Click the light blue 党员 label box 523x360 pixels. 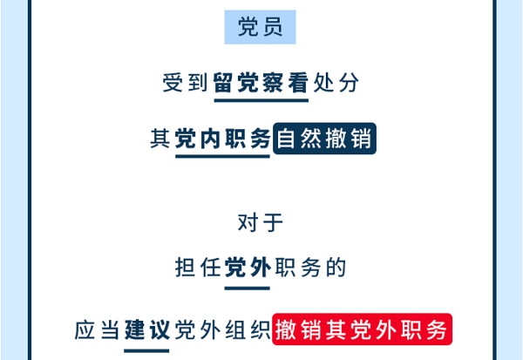click(260, 27)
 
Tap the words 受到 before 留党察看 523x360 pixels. click(185, 83)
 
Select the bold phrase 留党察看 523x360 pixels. click(261, 83)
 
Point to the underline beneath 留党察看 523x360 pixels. click(261, 100)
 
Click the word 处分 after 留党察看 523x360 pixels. click(336, 83)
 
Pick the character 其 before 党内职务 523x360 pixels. click(160, 139)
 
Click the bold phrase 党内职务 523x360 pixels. click(222, 139)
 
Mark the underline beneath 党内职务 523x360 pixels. click(222, 156)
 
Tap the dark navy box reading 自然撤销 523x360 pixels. click(324, 139)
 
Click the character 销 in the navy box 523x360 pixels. click(361, 139)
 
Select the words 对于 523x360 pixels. click(260, 222)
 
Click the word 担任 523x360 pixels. click(198, 268)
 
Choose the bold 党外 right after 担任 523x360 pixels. click(248, 268)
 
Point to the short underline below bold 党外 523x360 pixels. click(248, 289)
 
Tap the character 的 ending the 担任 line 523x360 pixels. click(336, 268)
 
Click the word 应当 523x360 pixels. click(98, 330)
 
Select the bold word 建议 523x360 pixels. click(147, 330)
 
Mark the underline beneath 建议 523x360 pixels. click(146, 350)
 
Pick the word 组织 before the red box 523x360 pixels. click(248, 330)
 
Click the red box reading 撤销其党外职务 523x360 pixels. click(363, 329)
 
